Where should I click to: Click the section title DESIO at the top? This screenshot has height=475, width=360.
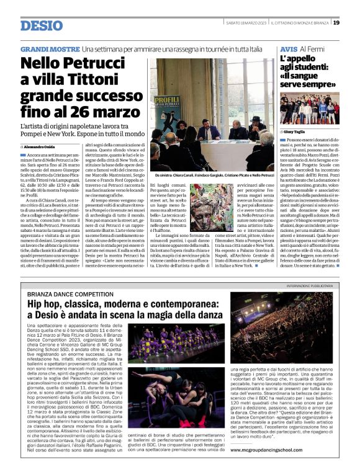point(42,25)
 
